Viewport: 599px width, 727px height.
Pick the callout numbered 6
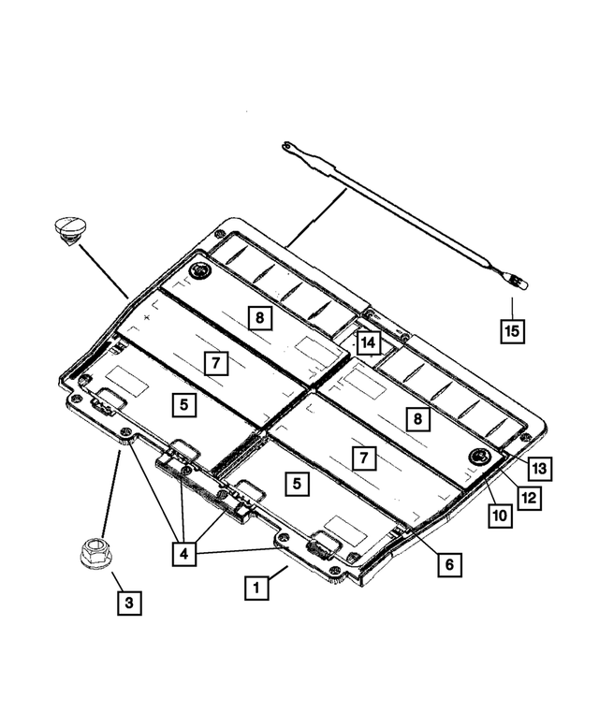click(448, 564)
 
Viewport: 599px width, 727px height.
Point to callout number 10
click(498, 516)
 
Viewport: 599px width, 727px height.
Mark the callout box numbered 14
click(368, 344)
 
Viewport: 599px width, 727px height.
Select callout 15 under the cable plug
click(511, 330)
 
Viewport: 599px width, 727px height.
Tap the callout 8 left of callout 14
click(260, 318)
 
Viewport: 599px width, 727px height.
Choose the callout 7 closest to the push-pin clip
click(214, 361)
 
